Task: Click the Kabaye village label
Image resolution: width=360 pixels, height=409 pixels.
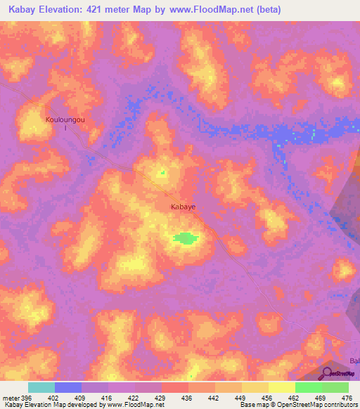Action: coord(183,207)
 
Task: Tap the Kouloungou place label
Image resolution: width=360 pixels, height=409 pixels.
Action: coord(65,120)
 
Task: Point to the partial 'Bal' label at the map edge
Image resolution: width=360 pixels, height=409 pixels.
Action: coord(353,361)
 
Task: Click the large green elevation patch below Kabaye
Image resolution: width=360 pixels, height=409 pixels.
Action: coord(184,238)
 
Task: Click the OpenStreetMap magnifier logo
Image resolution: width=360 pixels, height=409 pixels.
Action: coord(326,373)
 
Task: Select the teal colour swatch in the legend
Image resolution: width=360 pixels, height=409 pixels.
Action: coord(41,387)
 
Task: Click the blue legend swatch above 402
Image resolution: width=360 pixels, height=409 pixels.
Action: coord(68,387)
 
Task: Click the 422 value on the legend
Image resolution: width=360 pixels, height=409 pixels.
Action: coord(134,397)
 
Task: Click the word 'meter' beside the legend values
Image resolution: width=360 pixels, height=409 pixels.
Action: coord(11,397)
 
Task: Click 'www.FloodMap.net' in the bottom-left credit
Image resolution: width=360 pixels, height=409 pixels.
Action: coord(139,405)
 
